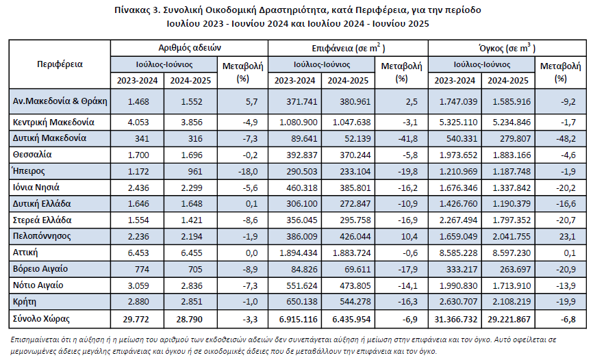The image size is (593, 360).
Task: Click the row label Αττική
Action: pos(25,253)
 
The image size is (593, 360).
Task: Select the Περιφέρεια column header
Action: pos(60,64)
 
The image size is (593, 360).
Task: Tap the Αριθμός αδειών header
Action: pos(190,48)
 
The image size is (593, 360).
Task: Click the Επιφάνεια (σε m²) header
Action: pos(349,48)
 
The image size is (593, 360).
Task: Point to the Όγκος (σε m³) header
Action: pos(507,48)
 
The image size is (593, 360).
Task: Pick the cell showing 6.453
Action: pos(138,253)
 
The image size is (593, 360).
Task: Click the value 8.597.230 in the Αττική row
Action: pos(512,253)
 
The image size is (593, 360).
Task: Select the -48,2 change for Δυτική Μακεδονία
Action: pos(566,138)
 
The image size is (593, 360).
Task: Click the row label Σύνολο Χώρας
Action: pos(41,319)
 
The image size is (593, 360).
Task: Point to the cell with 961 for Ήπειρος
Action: pos(195,171)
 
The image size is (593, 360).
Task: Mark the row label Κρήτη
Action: pos(25,302)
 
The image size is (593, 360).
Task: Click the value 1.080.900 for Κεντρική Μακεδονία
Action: pos(299,122)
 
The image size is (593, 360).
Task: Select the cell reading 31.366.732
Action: pos(456,319)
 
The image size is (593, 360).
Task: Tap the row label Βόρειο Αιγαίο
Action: pos(40,269)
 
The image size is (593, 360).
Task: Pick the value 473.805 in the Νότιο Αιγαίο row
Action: pos(355,285)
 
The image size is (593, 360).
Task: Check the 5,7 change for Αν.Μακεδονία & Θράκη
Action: pos(251,102)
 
